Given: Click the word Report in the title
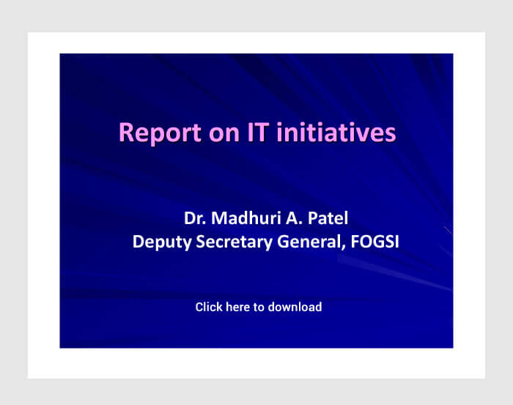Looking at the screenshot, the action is (x=160, y=133).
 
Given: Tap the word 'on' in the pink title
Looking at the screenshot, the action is (x=224, y=133).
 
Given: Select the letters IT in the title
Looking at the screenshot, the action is (x=258, y=132).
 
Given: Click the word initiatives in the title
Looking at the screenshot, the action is (x=336, y=132).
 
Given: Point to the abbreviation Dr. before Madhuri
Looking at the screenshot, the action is (x=195, y=218).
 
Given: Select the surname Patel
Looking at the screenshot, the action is (x=328, y=218).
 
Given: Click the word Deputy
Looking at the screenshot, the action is (x=162, y=242).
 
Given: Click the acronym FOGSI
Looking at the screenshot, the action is (x=375, y=242).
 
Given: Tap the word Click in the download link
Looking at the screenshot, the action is (x=209, y=307).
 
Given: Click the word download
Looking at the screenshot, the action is (x=295, y=307).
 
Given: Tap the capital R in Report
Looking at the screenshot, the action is (x=126, y=132).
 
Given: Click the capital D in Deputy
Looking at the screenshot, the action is (x=139, y=242).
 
